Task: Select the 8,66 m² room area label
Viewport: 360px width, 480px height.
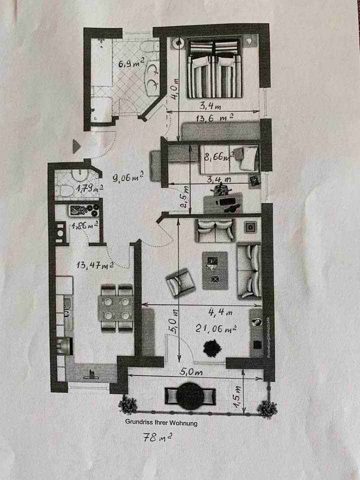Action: [218, 156]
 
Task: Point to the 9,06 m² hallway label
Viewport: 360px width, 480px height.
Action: [128, 176]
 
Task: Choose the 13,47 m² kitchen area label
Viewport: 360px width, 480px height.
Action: [93, 265]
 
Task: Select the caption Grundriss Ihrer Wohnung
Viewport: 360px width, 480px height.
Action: [161, 422]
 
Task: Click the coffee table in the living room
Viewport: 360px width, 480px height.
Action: [214, 270]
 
